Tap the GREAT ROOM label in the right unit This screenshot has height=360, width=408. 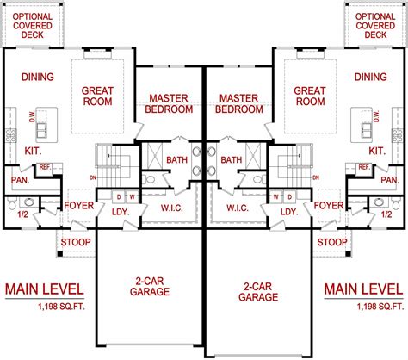point(308,95)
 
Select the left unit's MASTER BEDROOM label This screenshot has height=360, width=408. point(169,103)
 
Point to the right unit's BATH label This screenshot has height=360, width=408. point(232,160)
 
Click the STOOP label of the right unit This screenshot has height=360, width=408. point(331,242)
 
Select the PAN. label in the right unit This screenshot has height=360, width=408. point(389,181)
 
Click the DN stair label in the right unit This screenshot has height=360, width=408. point(317,177)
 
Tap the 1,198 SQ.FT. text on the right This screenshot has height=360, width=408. point(376,306)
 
